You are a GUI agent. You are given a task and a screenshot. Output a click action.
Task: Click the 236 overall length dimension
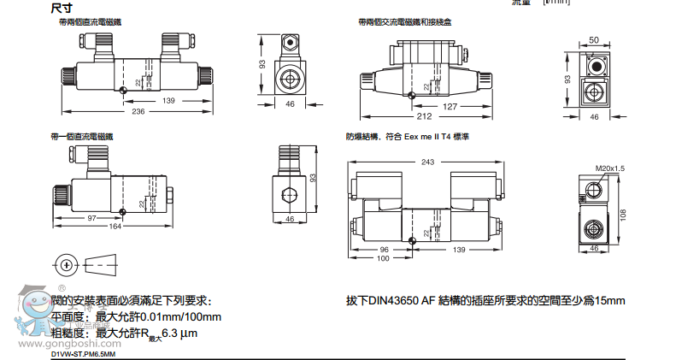pos(138,111)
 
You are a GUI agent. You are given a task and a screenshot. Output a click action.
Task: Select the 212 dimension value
pos(424,116)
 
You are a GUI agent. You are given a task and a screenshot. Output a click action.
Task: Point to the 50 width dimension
pos(594,40)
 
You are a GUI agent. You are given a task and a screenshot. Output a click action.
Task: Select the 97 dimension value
pos(92,217)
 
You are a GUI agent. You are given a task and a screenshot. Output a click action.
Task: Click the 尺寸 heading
pos(62,7)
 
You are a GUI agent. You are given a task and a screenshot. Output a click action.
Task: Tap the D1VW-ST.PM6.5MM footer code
pos(83,353)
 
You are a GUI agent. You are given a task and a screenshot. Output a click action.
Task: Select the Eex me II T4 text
pos(427,137)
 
